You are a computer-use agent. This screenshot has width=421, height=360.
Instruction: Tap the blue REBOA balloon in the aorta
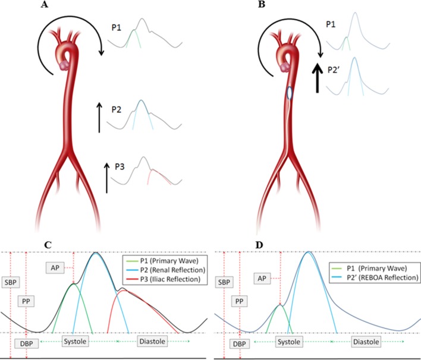coord(289,93)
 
